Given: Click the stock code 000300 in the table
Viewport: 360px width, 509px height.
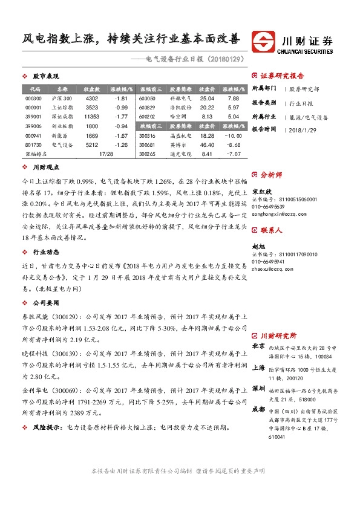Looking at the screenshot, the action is tap(34, 98).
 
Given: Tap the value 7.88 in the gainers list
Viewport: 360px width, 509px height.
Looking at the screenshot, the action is tap(233, 98).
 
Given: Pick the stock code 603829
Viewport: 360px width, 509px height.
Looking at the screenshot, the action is tap(147, 107).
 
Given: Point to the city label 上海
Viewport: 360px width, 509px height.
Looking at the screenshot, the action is tap(258, 368).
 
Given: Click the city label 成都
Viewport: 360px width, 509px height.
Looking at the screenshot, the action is tap(258, 409).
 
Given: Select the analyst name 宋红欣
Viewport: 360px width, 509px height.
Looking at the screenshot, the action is tap(261, 190).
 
